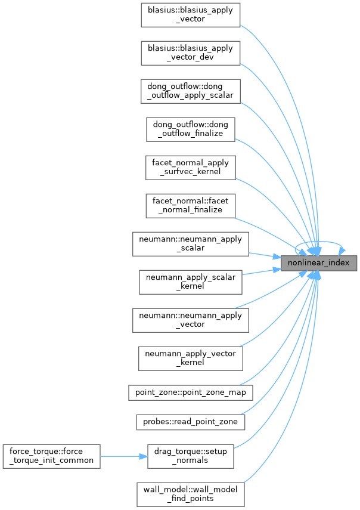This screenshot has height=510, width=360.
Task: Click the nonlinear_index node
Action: point(319,262)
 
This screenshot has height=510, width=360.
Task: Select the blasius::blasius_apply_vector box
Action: point(190,14)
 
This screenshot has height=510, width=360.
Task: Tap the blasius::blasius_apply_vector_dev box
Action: point(190,53)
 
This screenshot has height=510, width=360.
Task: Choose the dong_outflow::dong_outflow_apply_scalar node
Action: point(190,91)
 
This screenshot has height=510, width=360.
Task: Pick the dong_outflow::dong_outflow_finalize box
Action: point(190,129)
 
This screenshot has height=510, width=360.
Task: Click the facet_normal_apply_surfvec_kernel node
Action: point(190,167)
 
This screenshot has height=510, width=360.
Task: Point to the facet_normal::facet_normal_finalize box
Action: point(190,205)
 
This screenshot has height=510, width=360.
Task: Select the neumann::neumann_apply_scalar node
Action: point(190,243)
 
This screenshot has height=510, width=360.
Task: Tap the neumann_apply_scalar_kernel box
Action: point(190,282)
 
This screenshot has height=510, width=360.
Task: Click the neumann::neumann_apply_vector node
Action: point(190,320)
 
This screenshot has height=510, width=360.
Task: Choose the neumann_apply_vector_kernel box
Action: point(190,358)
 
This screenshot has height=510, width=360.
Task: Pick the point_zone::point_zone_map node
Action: point(190,392)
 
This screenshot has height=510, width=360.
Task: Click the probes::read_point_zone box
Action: point(190,421)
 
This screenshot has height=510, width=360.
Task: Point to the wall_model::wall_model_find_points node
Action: point(190,494)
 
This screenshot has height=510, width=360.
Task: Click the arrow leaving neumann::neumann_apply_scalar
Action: point(262,255)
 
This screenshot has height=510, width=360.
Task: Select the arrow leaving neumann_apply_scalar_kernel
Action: point(262,271)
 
